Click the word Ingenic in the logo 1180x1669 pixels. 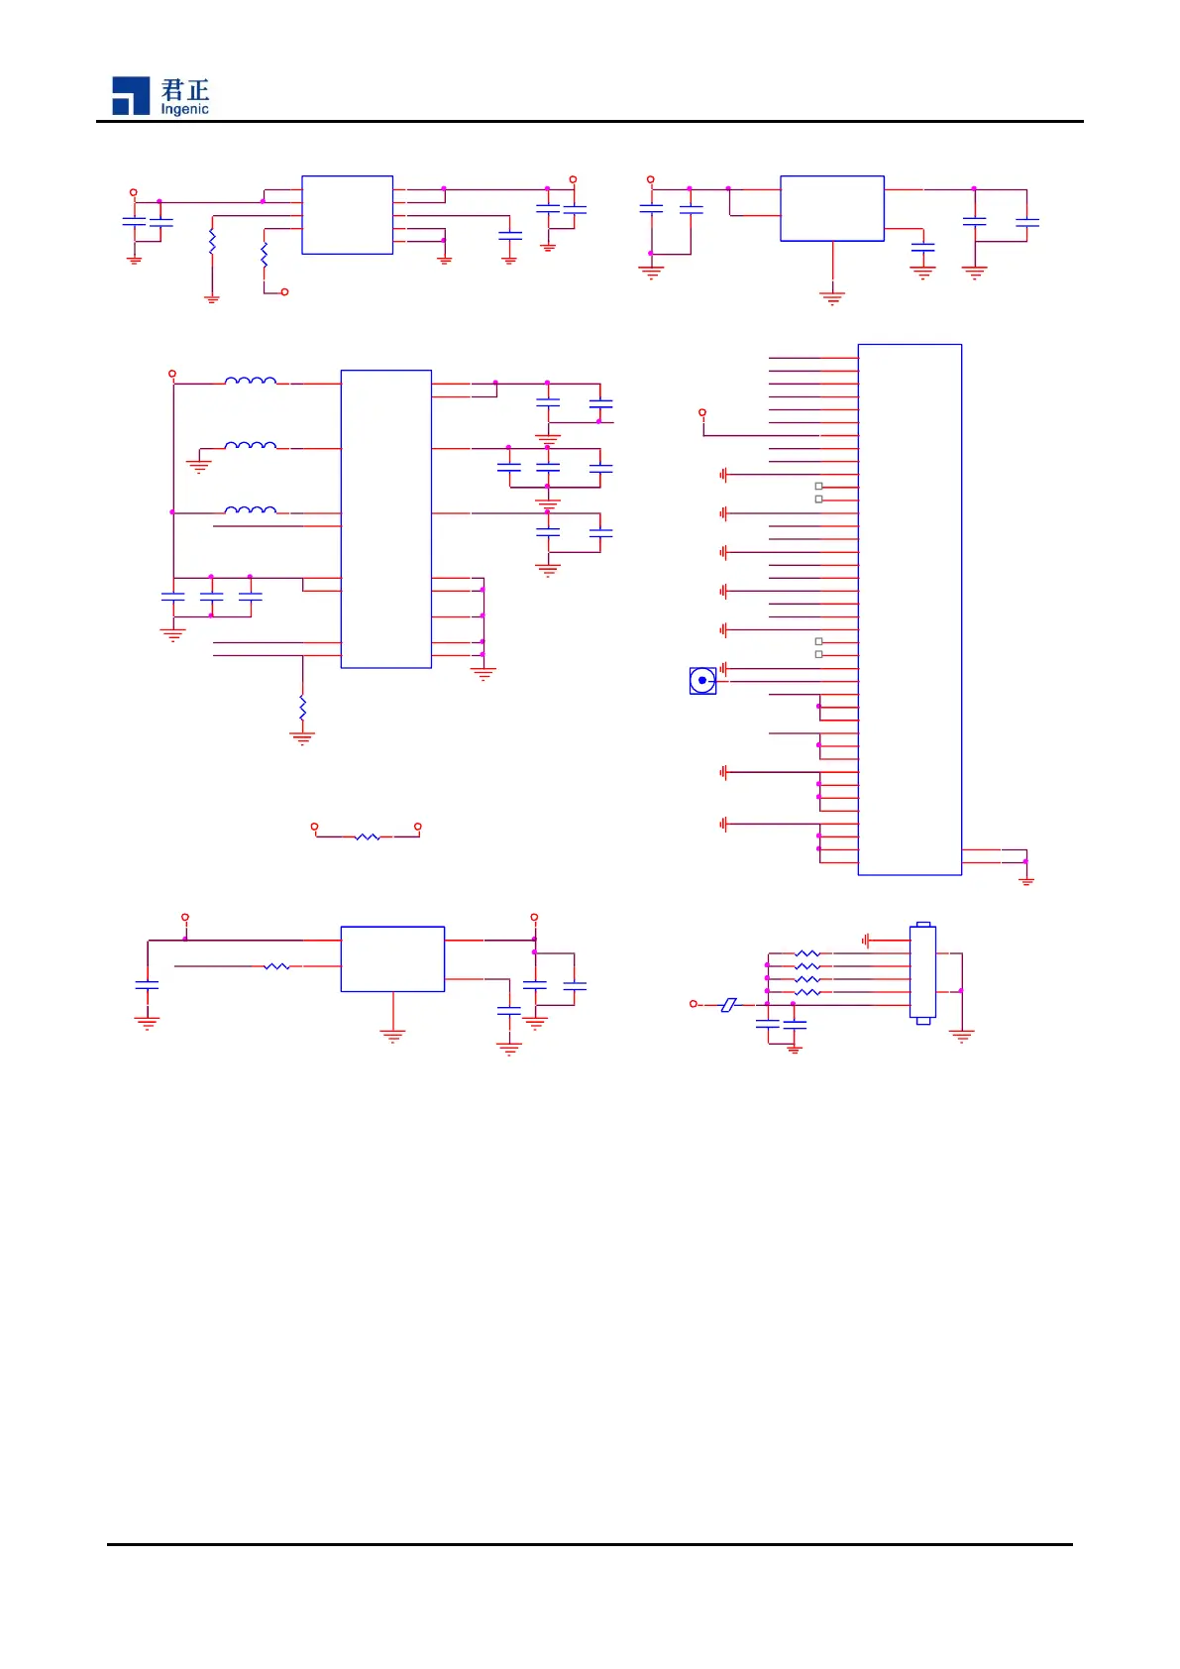pos(184,109)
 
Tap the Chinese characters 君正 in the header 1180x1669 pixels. pos(185,89)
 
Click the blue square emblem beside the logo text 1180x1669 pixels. pos(131,95)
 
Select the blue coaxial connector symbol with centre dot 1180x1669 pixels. pos(702,681)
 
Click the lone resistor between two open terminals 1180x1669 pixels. pos(367,836)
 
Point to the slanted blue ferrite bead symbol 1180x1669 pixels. pos(728,1004)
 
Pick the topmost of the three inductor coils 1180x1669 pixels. pos(251,381)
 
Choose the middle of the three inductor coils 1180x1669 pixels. pos(251,446)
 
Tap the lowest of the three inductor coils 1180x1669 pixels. pos(251,510)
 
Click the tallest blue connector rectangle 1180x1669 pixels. pos(910,610)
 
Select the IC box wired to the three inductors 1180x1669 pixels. pos(385,518)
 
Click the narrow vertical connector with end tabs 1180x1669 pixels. pos(922,973)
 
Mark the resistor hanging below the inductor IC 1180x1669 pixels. pos(302,708)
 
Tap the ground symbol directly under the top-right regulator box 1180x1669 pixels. pos(832,295)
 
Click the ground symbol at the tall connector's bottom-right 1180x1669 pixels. pos(1026,879)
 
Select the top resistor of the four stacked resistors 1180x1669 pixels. pos(807,953)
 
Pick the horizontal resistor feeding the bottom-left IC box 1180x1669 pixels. pos(277,965)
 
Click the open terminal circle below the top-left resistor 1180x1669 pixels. pos(285,292)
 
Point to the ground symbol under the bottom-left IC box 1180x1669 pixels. pos(392,1036)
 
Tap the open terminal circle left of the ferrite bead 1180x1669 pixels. pos(694,1004)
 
